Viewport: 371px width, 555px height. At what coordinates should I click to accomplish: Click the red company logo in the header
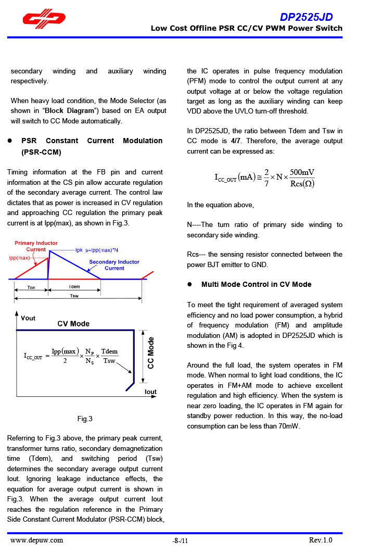[x=44, y=19]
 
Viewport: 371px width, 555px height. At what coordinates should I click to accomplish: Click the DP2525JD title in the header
[x=306, y=17]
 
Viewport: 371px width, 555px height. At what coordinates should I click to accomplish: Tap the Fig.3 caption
[x=85, y=419]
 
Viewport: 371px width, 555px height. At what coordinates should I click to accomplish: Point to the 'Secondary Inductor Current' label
[x=114, y=265]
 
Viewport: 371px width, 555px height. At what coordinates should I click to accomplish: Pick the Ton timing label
[x=31, y=287]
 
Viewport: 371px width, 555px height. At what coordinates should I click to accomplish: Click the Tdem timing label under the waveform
[x=74, y=287]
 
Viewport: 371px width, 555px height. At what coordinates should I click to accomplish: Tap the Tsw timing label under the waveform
[x=74, y=296]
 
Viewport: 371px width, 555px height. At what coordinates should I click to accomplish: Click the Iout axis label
[x=150, y=392]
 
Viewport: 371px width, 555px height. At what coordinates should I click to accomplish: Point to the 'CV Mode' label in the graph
[x=73, y=324]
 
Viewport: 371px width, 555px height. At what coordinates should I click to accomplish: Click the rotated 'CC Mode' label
[x=151, y=353]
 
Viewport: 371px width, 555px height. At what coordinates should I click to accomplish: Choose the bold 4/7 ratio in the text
[x=235, y=141]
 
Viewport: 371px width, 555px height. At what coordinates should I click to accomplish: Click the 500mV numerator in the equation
[x=302, y=173]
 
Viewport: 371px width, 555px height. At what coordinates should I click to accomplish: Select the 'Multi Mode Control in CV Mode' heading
[x=256, y=284]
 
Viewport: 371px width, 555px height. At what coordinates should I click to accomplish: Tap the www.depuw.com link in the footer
[x=36, y=540]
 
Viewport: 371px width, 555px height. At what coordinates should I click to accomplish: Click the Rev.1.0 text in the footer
[x=320, y=540]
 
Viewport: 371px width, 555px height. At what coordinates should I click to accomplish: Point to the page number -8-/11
[x=180, y=541]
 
